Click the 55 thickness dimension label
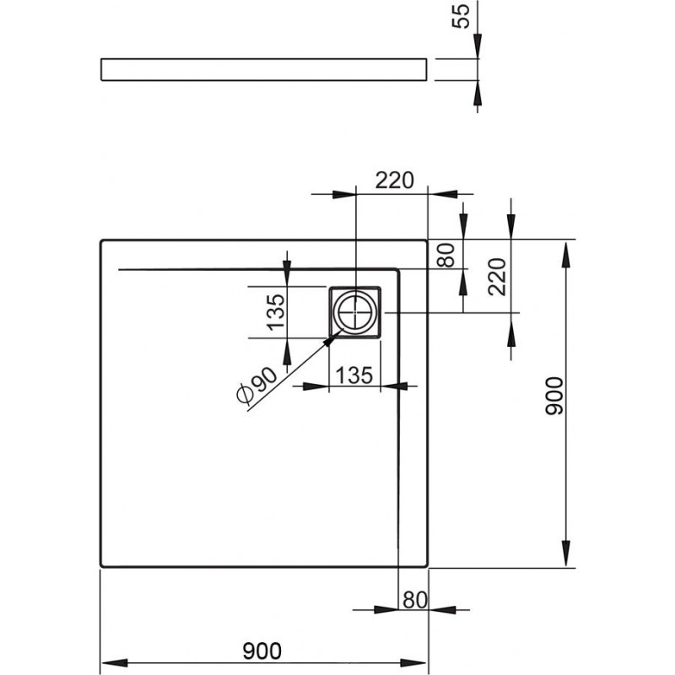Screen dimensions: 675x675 coord(461,16)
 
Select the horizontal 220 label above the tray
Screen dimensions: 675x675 coord(394,181)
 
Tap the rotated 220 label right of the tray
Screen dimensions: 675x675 coord(497,277)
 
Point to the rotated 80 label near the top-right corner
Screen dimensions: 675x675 coord(446,256)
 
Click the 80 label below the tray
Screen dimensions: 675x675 coord(415,600)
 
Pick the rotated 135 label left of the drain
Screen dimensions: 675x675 coord(276,312)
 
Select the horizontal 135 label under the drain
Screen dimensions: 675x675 coord(354,375)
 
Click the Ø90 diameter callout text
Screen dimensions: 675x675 coord(257,386)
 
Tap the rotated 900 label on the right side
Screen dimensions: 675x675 coord(553,396)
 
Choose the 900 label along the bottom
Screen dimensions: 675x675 coord(262,651)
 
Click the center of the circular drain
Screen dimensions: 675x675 coord(355,312)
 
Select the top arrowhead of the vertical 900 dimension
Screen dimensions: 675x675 coord(566,256)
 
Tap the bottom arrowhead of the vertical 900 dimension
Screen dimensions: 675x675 coord(566,553)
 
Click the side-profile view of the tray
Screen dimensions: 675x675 coord(264,69)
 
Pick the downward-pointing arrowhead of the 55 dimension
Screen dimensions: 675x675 coord(478,46)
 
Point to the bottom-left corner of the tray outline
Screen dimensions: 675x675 coord(101,566)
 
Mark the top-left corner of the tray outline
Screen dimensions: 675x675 coord(101,240)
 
